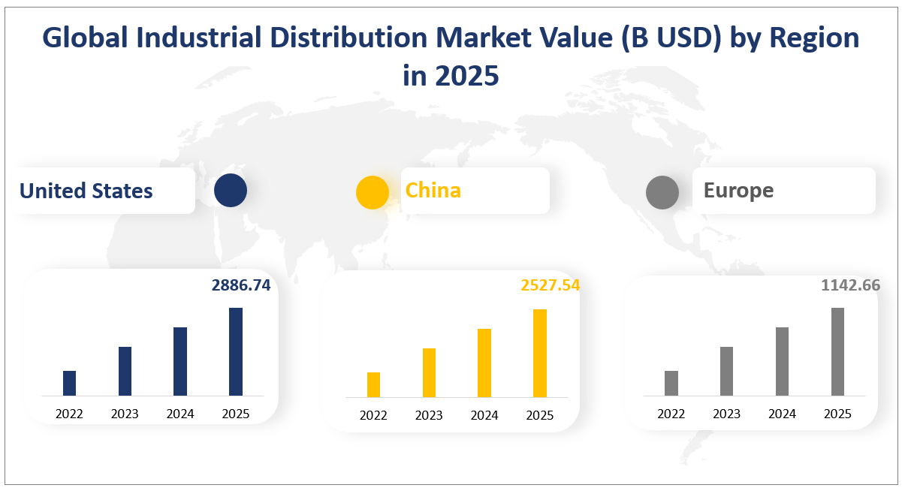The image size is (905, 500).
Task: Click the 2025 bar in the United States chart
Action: pyautogui.click(x=236, y=351)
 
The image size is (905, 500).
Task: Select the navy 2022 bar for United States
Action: pyautogui.click(x=69, y=383)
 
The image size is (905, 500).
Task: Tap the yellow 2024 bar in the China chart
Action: pyautogui.click(x=484, y=363)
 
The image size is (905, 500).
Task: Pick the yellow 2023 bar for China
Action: pyautogui.click(x=429, y=372)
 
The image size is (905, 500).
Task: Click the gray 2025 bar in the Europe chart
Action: pyautogui.click(x=837, y=351)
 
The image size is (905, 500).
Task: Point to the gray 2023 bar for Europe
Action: pyautogui.click(x=726, y=371)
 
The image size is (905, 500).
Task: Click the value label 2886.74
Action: pyautogui.click(x=240, y=285)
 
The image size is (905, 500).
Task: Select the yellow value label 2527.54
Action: pyautogui.click(x=550, y=285)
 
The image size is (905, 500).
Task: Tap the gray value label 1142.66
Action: pyautogui.click(x=850, y=285)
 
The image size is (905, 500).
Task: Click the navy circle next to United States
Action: pyautogui.click(x=230, y=191)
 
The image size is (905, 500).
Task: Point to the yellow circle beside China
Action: pyautogui.click(x=373, y=192)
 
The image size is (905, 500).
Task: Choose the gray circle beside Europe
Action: pyautogui.click(x=662, y=193)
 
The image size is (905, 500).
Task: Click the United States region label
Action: pyautogui.click(x=86, y=191)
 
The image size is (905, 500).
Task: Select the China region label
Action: pyautogui.click(x=433, y=191)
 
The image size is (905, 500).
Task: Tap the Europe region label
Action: pyautogui.click(x=738, y=191)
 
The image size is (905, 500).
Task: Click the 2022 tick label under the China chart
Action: pyautogui.click(x=373, y=415)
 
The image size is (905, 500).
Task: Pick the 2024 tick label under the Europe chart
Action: pyautogui.click(x=782, y=414)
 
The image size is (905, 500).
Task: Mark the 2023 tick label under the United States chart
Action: pyautogui.click(x=125, y=414)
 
